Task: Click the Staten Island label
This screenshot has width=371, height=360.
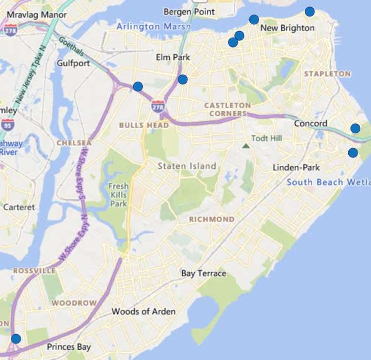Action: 187,166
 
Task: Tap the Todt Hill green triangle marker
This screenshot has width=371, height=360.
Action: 246,146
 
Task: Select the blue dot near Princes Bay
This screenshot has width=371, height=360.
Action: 16,339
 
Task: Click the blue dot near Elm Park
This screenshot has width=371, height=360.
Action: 183,79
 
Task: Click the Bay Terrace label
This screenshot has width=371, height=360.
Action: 204,273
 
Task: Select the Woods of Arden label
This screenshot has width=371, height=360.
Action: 143,311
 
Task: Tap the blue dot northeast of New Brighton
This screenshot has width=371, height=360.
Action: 310,11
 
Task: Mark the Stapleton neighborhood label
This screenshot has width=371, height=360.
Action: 327,74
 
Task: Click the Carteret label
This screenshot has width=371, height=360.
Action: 19,207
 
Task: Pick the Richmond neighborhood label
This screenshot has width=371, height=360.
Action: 212,220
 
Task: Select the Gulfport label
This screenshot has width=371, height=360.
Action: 74,63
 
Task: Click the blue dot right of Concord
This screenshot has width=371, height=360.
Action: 356,128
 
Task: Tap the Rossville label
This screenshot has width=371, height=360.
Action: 34,271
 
